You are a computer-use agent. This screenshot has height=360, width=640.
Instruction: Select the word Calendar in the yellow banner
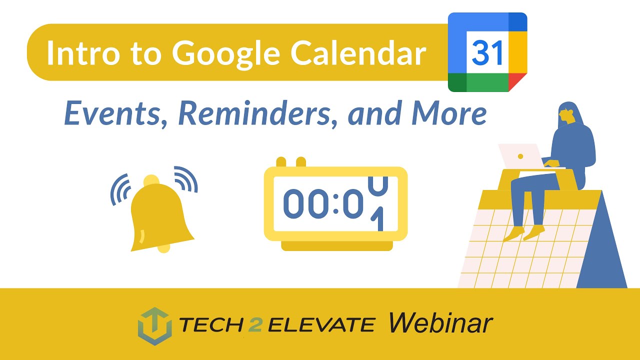click(x=358, y=53)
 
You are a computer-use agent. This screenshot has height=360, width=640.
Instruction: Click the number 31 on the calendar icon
click(x=487, y=52)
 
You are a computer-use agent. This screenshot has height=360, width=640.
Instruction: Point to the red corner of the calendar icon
click(x=519, y=81)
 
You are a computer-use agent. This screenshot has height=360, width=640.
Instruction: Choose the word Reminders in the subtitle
click(x=257, y=113)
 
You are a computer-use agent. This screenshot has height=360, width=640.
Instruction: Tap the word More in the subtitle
click(x=448, y=113)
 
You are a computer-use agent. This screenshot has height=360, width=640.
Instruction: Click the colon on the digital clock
click(x=334, y=203)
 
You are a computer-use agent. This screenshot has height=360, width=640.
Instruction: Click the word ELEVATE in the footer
click(x=321, y=325)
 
